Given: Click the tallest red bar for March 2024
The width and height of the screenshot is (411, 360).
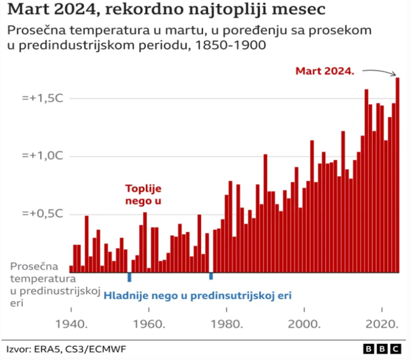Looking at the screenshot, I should (x=398, y=175).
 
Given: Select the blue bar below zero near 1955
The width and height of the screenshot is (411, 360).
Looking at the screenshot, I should (x=129, y=277).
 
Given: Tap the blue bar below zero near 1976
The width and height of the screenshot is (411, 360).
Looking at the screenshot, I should (x=211, y=276).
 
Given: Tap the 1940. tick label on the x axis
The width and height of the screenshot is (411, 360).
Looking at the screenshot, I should (x=71, y=325).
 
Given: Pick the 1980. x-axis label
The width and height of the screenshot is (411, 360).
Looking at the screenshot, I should (x=227, y=325).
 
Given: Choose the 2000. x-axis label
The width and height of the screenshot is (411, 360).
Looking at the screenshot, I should (x=305, y=325).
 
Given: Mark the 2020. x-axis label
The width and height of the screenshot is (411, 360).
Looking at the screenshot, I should (x=383, y=325).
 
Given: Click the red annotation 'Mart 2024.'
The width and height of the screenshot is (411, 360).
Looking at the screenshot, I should (x=325, y=71).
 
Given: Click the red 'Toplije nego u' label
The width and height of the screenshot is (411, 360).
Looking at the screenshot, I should (x=144, y=195).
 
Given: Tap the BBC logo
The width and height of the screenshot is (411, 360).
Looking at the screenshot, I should (x=382, y=349).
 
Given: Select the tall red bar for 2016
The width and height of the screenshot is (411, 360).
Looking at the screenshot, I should (x=366, y=180).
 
